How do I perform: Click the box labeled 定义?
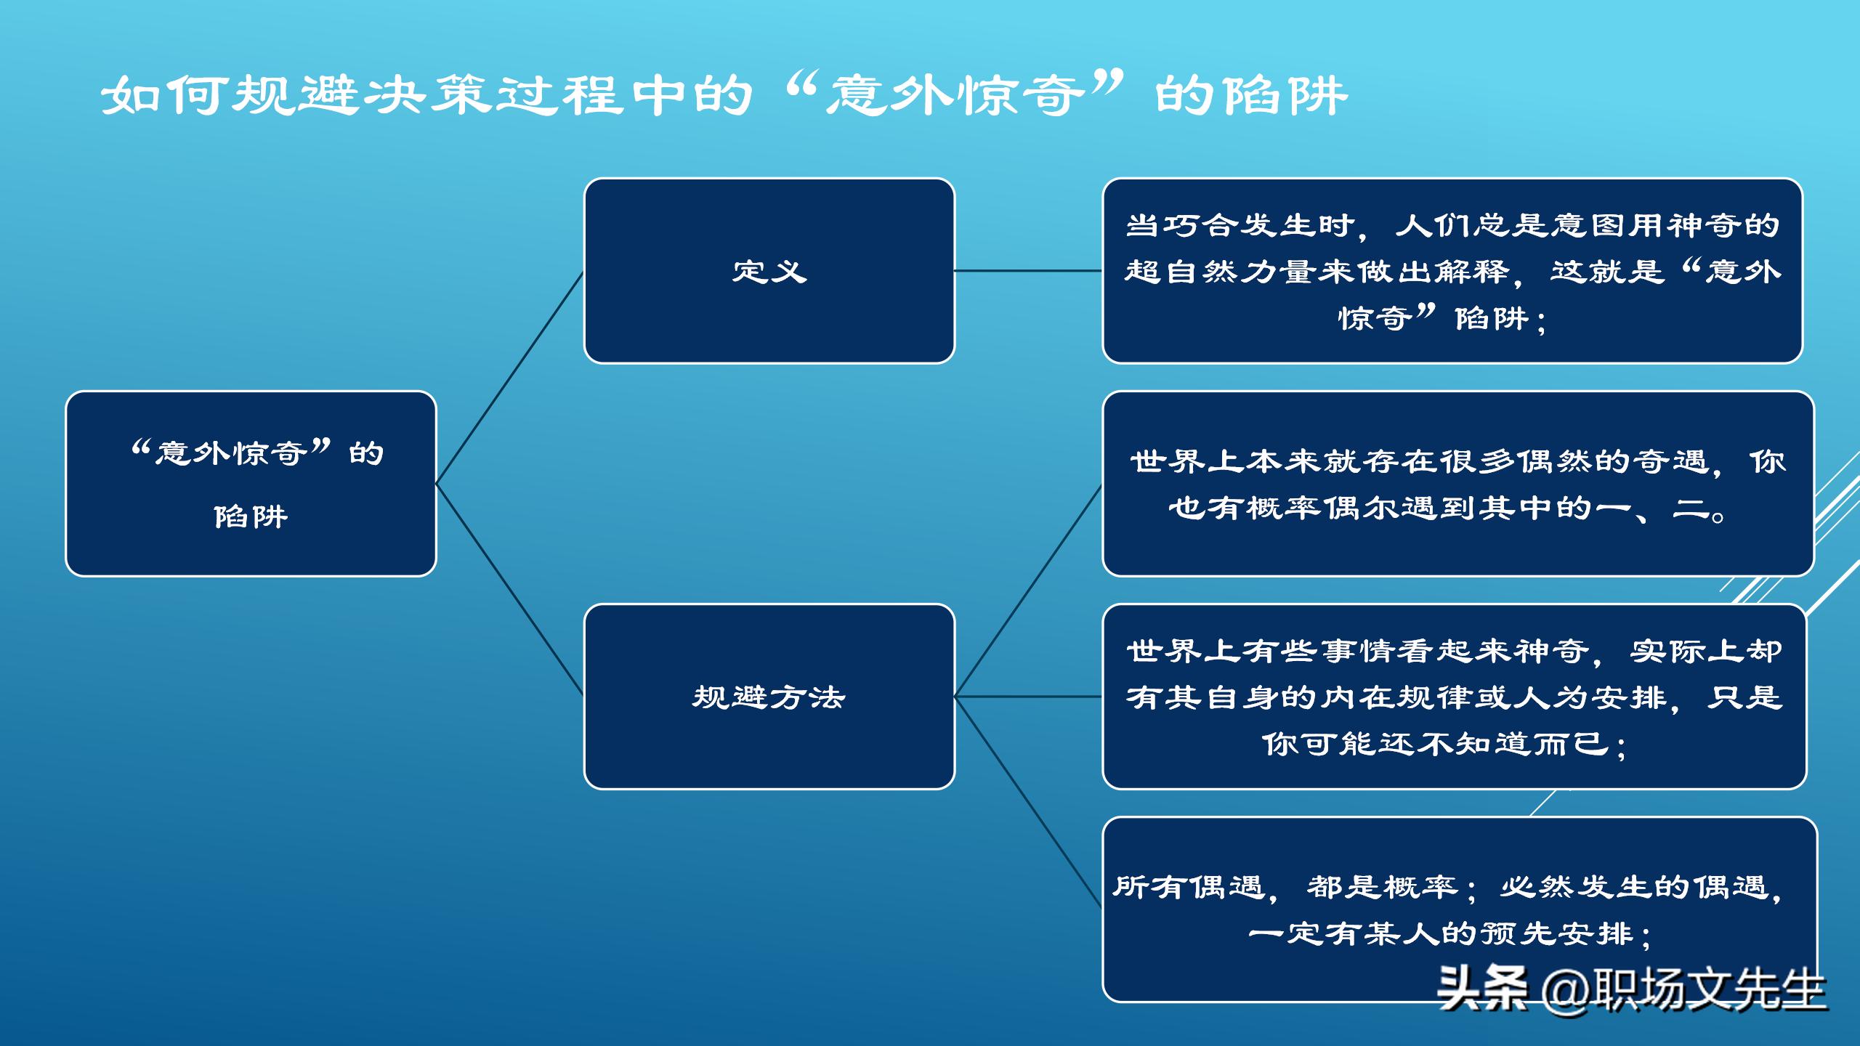point(769,271)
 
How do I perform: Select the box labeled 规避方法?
point(769,697)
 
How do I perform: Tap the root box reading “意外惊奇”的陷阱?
point(251,483)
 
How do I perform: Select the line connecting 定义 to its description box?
point(1028,271)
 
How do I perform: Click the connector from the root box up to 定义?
point(509,378)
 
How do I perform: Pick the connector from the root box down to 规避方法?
point(509,589)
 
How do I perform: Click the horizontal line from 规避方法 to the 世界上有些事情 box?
point(1028,697)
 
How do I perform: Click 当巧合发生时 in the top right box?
point(1239,226)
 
